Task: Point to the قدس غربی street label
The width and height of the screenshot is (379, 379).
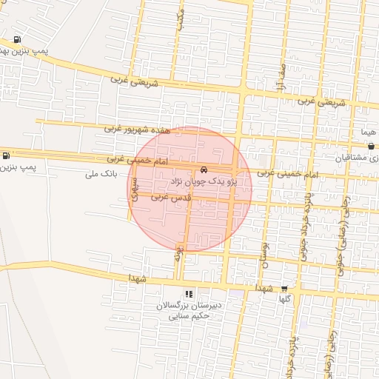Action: pyautogui.click(x=172, y=198)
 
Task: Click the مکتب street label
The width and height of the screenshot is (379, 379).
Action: pyautogui.click(x=180, y=19)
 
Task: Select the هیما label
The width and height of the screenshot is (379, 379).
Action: pyautogui.click(x=368, y=130)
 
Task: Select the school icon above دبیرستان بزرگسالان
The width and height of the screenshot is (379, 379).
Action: pyautogui.click(x=189, y=294)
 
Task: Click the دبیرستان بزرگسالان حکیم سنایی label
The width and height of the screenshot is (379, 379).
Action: pyautogui.click(x=189, y=311)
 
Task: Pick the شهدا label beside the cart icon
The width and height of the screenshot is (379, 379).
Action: pyautogui.click(x=265, y=287)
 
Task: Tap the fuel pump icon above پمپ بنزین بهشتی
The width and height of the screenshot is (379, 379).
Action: pyautogui.click(x=17, y=40)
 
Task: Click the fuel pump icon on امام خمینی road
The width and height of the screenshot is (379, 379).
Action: pyautogui.click(x=7, y=156)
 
